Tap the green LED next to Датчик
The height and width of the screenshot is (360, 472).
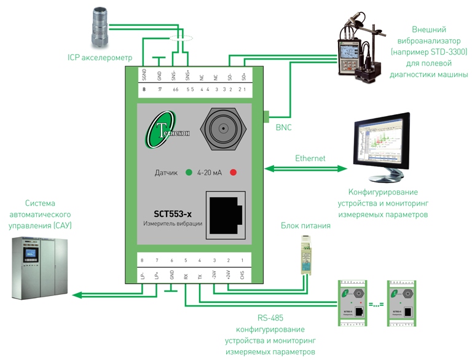pyautogui.click(x=189, y=173)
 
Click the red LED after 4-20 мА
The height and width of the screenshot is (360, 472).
pyautogui.click(x=233, y=173)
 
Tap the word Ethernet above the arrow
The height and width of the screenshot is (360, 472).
pyautogui.click(x=310, y=158)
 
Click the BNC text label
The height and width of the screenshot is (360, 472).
pyautogui.click(x=284, y=128)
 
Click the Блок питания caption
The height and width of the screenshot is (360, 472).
pyautogui.click(x=306, y=225)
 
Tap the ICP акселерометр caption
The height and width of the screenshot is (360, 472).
pyautogui.click(x=100, y=58)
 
